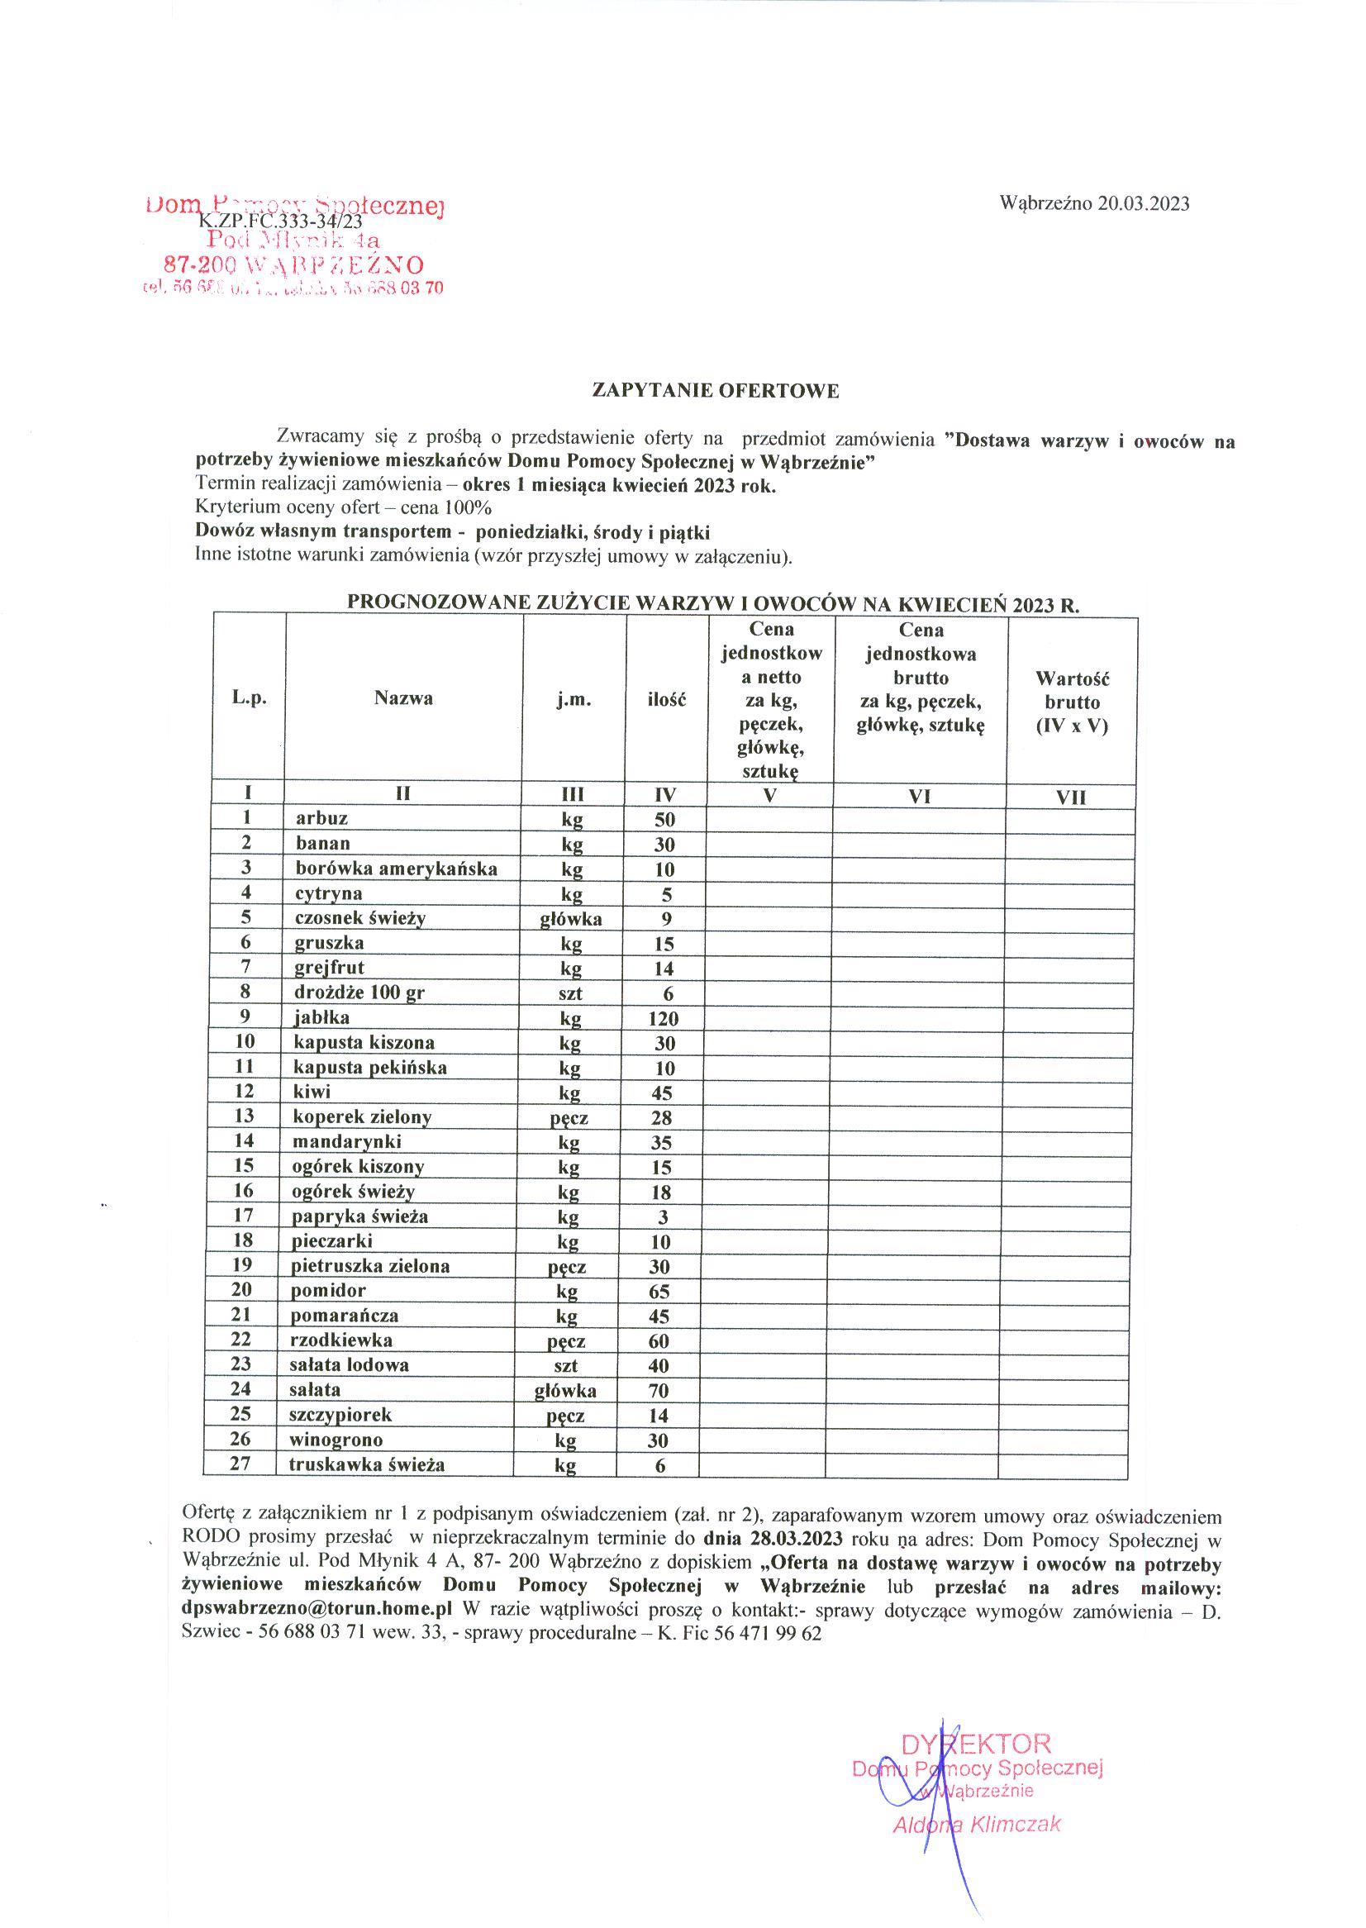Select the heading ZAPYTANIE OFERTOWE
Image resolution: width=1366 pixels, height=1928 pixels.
[x=716, y=390]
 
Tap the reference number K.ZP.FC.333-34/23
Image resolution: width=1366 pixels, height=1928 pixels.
[x=280, y=221]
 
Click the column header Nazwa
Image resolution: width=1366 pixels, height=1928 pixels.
[x=404, y=698]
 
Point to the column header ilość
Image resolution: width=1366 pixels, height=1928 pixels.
[x=665, y=699]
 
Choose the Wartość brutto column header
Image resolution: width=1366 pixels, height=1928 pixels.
[x=1072, y=702]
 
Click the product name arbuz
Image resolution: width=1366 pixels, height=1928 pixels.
[x=321, y=818]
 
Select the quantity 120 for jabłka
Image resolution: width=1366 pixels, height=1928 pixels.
[x=663, y=1020]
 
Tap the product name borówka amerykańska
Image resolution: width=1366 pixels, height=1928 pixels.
[x=396, y=868]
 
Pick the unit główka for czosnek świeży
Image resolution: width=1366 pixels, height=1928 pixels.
[x=571, y=920]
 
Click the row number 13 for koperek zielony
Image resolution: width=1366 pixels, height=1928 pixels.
[x=244, y=1116]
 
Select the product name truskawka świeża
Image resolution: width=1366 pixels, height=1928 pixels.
[x=367, y=1464]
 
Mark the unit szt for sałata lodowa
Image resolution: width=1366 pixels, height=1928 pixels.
[x=566, y=1366]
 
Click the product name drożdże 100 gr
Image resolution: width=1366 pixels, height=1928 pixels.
[x=359, y=993]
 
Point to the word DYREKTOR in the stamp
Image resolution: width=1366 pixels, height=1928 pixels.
[x=976, y=1744]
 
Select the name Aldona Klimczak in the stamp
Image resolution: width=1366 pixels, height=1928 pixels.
[x=977, y=1825]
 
